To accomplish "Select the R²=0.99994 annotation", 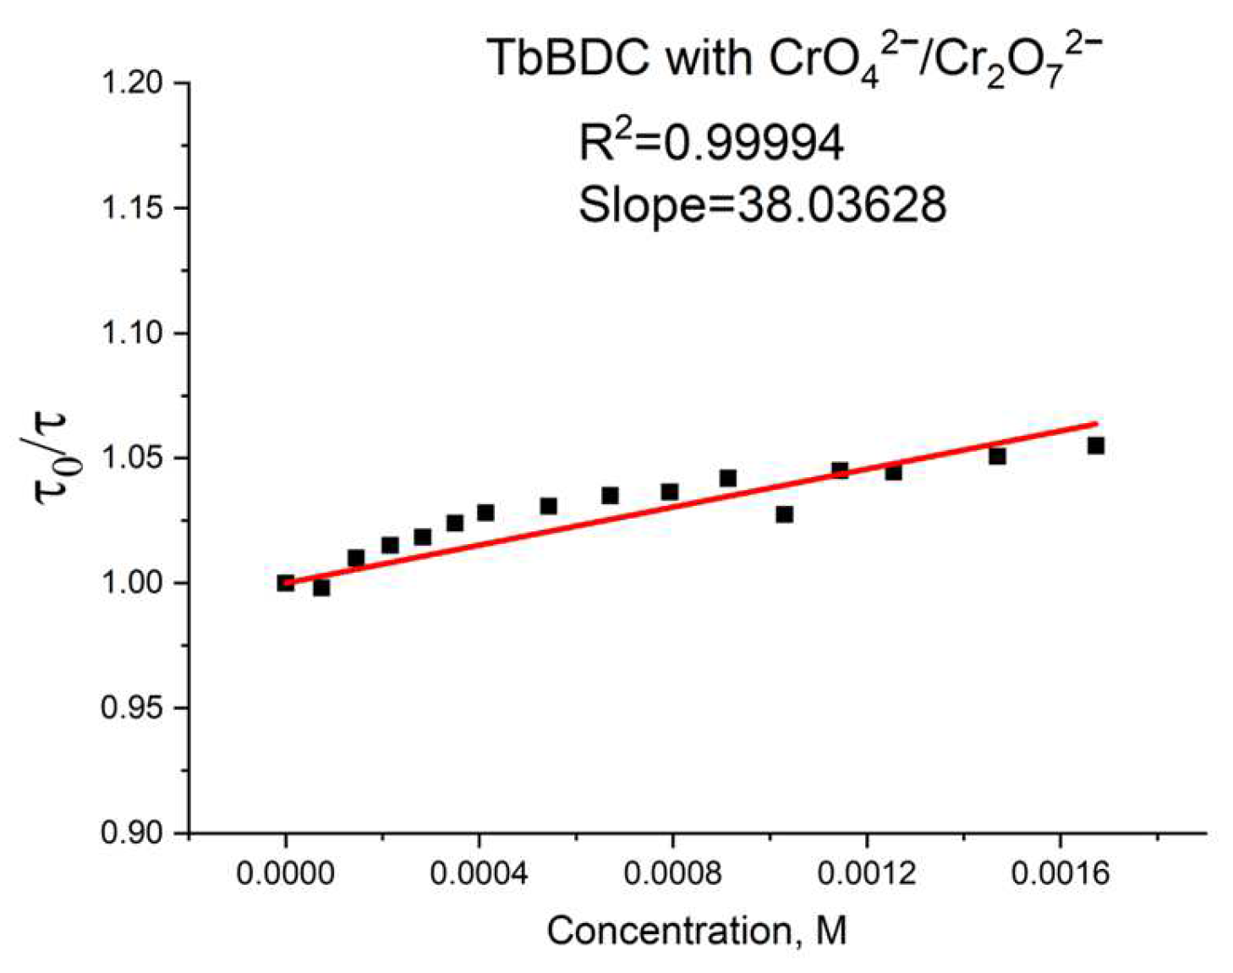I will click(x=711, y=141).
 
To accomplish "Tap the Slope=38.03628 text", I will click(x=762, y=204).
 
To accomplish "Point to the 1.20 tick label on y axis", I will click(x=132, y=84).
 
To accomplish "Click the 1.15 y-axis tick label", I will click(x=132, y=209).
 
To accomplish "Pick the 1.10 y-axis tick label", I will click(x=132, y=333).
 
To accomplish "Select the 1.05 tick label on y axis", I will click(x=132, y=459).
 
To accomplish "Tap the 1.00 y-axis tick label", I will click(x=132, y=583).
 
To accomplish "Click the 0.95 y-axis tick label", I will click(x=132, y=708).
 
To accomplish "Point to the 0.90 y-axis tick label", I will click(x=132, y=833).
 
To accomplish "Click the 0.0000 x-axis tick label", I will click(x=286, y=873).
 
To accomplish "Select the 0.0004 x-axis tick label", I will click(x=479, y=873).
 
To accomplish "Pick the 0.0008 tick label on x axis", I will click(x=673, y=873).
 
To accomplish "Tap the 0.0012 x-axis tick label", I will click(x=867, y=873).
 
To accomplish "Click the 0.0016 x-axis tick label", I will click(x=1060, y=873).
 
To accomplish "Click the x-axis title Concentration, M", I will click(x=697, y=932).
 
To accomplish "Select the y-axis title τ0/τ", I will click(x=52, y=458).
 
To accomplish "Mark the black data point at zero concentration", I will click(x=286, y=582).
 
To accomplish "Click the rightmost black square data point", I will click(x=1096, y=445).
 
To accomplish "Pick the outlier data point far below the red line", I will click(x=785, y=514).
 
